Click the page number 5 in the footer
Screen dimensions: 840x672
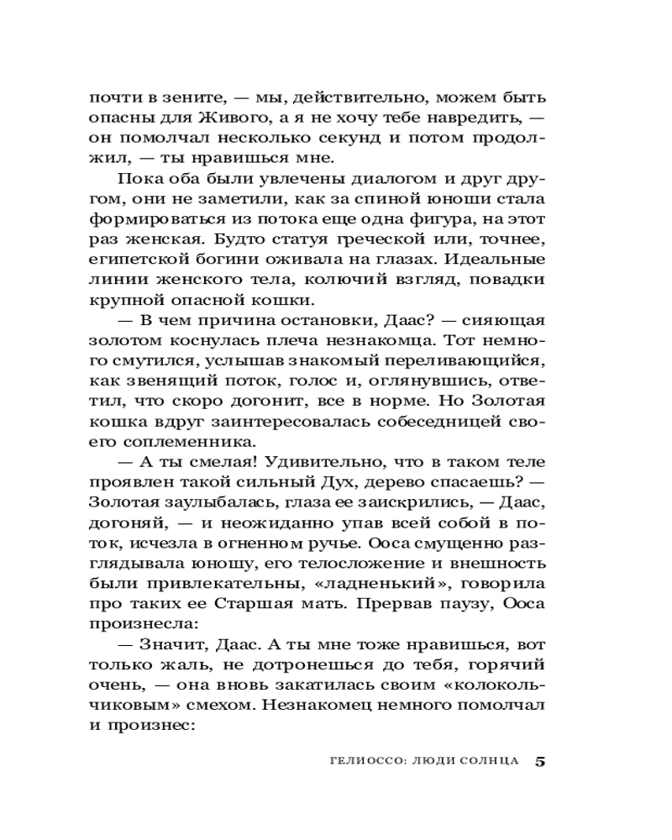(x=540, y=762)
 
